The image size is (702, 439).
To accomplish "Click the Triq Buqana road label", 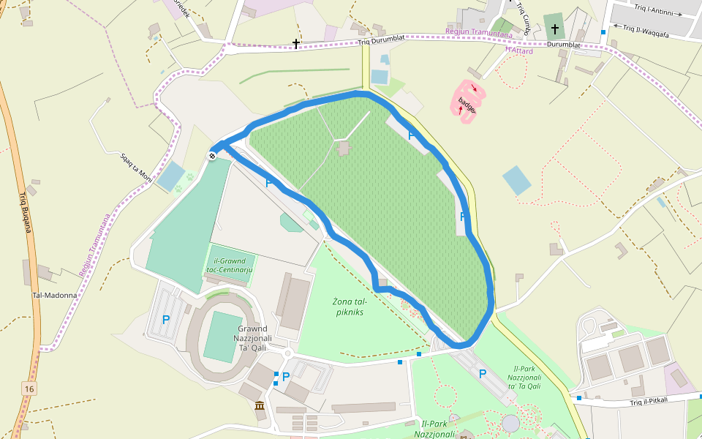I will point(26,212).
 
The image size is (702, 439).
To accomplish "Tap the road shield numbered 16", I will point(29,388).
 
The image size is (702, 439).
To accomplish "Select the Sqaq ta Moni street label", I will point(137,168).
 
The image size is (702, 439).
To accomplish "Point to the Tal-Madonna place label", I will point(55,296).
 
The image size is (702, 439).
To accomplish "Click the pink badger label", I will point(467,105).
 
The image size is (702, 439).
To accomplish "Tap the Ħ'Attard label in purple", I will point(518,51).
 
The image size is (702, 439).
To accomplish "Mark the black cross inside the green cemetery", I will point(554,29).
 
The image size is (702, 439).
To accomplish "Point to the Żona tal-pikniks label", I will point(349,307).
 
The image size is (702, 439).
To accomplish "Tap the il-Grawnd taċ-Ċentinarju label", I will point(230,266).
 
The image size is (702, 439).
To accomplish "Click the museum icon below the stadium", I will point(260,406).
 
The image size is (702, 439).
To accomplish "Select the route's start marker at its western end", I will point(212,154).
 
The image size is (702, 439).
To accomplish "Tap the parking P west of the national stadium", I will point(166,320).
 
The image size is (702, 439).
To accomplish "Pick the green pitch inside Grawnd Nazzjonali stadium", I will point(222,336).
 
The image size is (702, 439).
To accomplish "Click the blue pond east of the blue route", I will point(517,180).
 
